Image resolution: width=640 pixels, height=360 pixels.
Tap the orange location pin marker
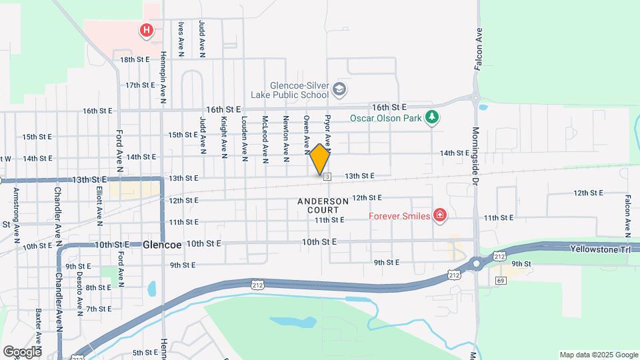319,159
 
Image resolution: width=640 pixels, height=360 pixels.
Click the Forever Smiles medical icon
439,215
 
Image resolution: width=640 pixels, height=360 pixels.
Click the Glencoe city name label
162,245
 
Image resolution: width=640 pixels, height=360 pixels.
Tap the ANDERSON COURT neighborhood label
323,205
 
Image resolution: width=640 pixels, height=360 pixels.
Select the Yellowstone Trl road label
600,248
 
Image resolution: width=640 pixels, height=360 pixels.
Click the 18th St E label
135,59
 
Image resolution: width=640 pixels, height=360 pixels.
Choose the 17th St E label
141,85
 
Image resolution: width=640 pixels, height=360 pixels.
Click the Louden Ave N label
245,139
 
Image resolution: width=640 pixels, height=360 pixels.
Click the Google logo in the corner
21,351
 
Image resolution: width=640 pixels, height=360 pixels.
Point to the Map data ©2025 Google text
598,355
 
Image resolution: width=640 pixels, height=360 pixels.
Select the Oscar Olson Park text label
387,119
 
